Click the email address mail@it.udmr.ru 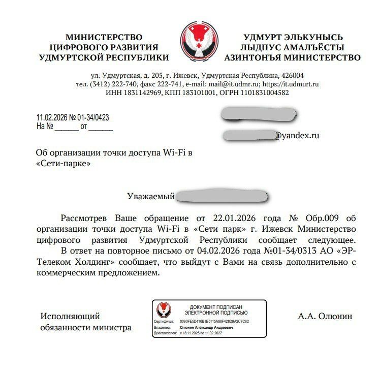[235, 84]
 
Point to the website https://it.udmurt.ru [291, 84]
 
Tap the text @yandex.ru [297, 136]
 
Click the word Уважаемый [151, 196]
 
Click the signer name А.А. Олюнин [325, 316]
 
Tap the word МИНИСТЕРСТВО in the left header [104, 38]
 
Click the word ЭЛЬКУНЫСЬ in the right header [318, 38]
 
